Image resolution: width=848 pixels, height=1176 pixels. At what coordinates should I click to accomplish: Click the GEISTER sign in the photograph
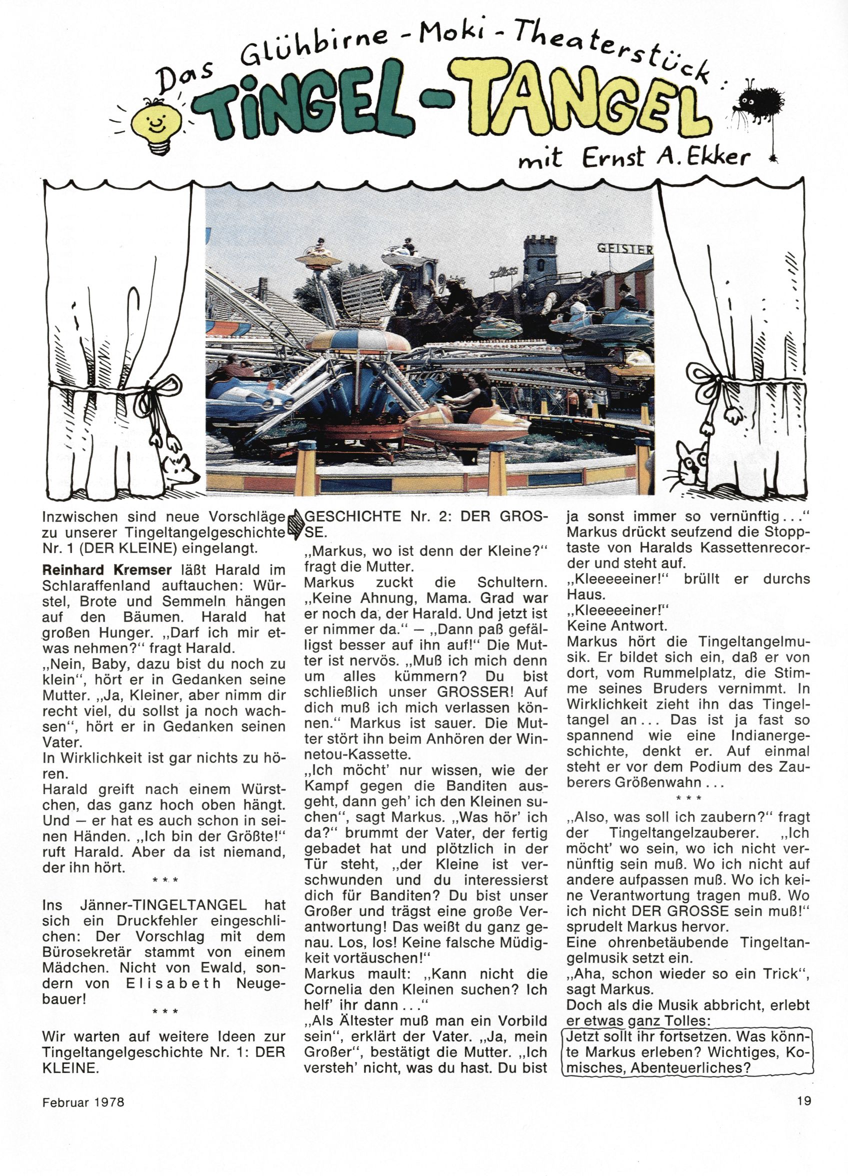[625, 249]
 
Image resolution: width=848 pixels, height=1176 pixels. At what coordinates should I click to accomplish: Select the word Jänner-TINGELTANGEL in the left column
[163, 905]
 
